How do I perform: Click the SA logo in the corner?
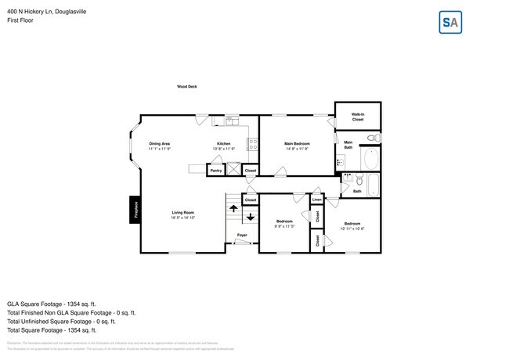pos(450,23)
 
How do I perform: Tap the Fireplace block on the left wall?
pos(135,210)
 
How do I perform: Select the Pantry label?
pos(216,170)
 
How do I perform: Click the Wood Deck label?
pos(186,86)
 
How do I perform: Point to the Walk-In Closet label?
pos(357,116)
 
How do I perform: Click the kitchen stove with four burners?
pos(253,144)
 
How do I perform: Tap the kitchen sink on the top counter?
pos(232,121)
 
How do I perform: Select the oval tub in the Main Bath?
pos(371,160)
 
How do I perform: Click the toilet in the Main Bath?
pos(374,138)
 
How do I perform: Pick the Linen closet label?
pos(316,200)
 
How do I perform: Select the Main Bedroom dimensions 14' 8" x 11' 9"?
pos(297,149)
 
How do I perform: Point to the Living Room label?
pos(183,213)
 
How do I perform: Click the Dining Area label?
pos(160,144)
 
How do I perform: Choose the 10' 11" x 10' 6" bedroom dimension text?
pos(352,229)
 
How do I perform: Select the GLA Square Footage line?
pos(51,303)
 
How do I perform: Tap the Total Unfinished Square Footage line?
pos(61,321)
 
